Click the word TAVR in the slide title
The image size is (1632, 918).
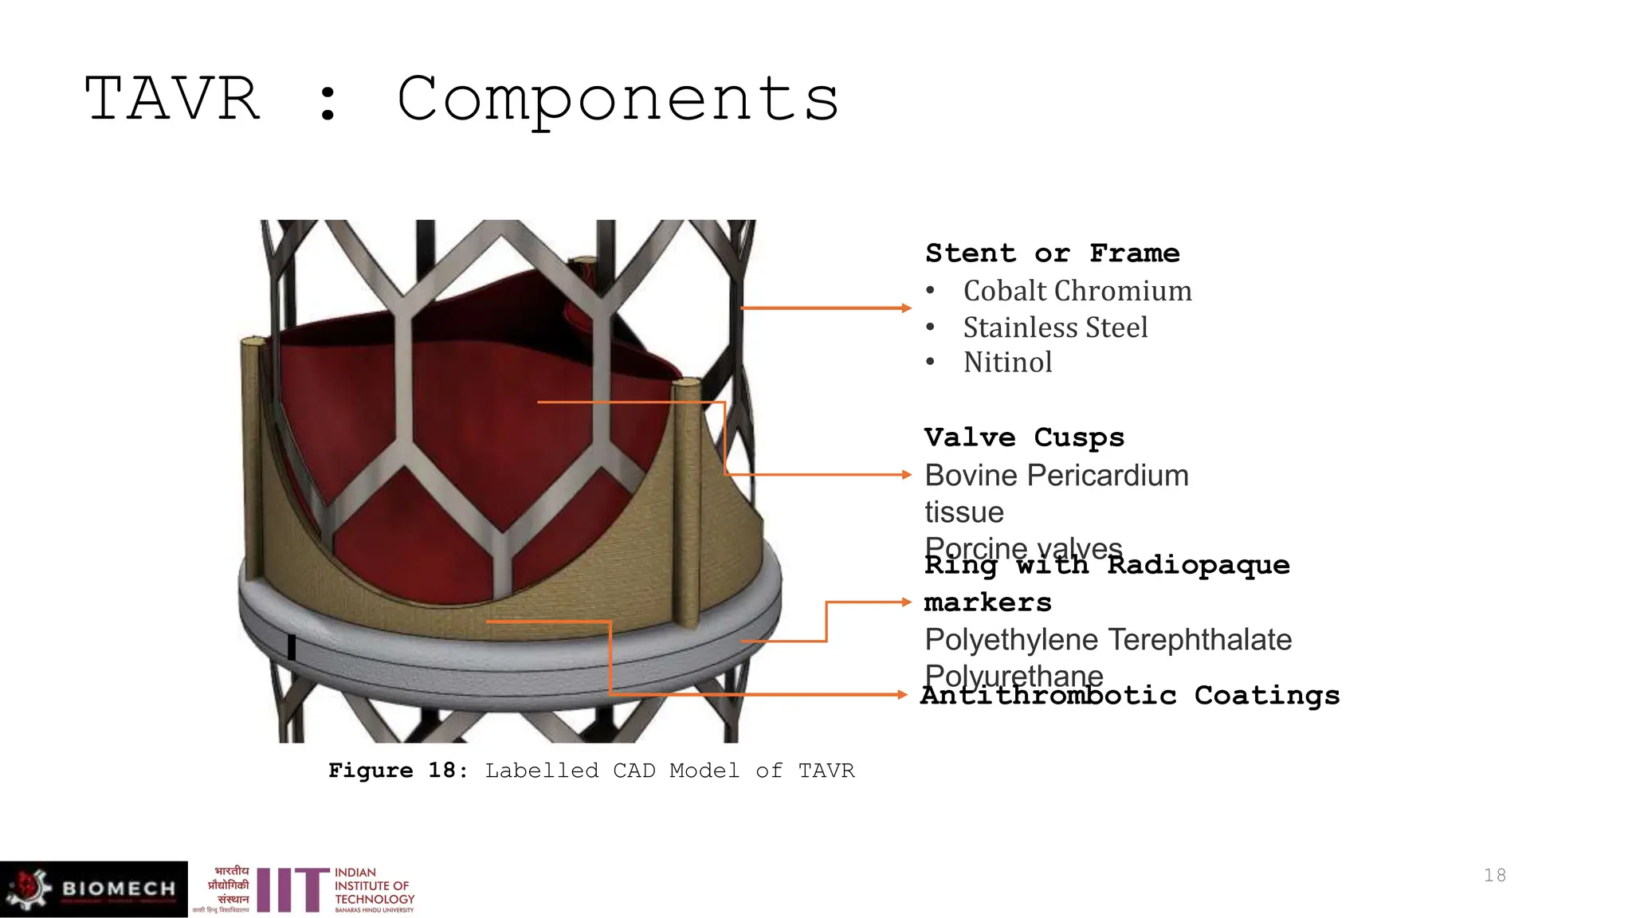click(172, 99)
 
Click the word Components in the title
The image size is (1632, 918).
click(618, 99)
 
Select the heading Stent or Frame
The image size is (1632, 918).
click(1052, 253)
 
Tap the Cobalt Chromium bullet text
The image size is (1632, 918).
click(1077, 291)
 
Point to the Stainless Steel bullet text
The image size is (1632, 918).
click(1055, 328)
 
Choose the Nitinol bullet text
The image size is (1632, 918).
click(1007, 363)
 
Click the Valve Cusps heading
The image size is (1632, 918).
click(1024, 437)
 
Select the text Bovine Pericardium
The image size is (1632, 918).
click(1056, 476)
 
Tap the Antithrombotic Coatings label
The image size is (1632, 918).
click(1130, 696)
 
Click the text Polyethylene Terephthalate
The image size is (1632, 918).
click(1108, 640)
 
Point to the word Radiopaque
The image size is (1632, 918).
click(1198, 566)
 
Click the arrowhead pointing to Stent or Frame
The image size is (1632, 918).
click(906, 308)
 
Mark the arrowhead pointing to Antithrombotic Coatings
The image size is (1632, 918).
click(902, 695)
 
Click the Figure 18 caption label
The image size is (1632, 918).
click(397, 771)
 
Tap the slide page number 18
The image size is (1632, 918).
click(1494, 876)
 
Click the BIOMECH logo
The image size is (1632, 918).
click(94, 889)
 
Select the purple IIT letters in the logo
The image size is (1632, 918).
click(292, 890)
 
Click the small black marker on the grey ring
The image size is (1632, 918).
click(292, 647)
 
